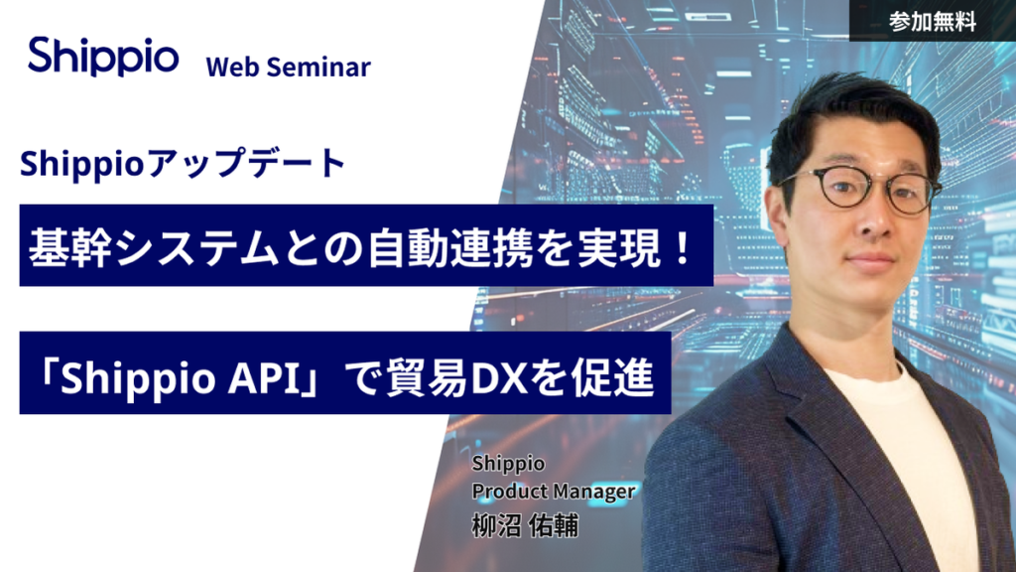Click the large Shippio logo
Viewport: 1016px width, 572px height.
pyautogui.click(x=103, y=57)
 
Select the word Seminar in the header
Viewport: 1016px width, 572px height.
pyautogui.click(x=318, y=67)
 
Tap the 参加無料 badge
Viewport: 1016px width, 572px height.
pyautogui.click(x=933, y=22)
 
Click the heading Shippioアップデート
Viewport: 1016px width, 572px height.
pyautogui.click(x=183, y=163)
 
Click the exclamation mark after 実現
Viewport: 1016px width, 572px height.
pyautogui.click(x=683, y=246)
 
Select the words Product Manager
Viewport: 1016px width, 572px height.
pyautogui.click(x=554, y=492)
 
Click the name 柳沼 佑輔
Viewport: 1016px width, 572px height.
pyautogui.click(x=525, y=525)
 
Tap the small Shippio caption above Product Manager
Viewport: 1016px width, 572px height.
pyautogui.click(x=508, y=464)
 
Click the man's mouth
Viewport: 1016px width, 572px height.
pyautogui.click(x=870, y=260)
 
